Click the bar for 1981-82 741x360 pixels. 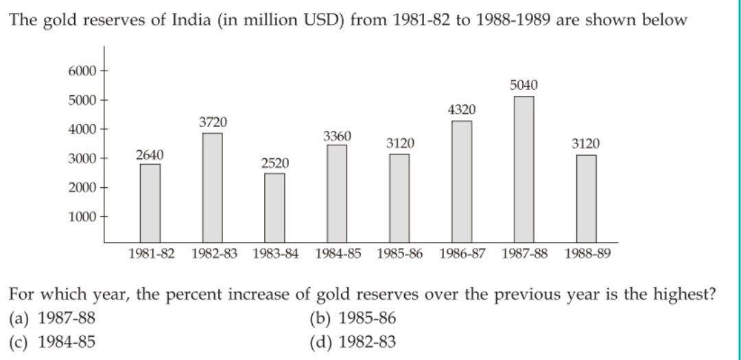click(150, 203)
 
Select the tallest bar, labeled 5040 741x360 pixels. click(524, 169)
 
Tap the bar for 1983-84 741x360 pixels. click(274, 208)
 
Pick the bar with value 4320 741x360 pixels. click(461, 182)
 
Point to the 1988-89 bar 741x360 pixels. click(586, 199)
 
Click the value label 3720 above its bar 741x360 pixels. click(213, 122)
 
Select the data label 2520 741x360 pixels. click(274, 163)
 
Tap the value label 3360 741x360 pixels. click(337, 136)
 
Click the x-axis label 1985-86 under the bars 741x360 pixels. click(400, 254)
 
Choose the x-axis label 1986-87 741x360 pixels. click(462, 254)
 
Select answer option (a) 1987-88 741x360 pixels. click(52, 318)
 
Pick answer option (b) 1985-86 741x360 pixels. click(353, 318)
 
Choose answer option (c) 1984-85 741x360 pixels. click(52, 341)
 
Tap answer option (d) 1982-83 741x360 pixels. click(353, 341)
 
